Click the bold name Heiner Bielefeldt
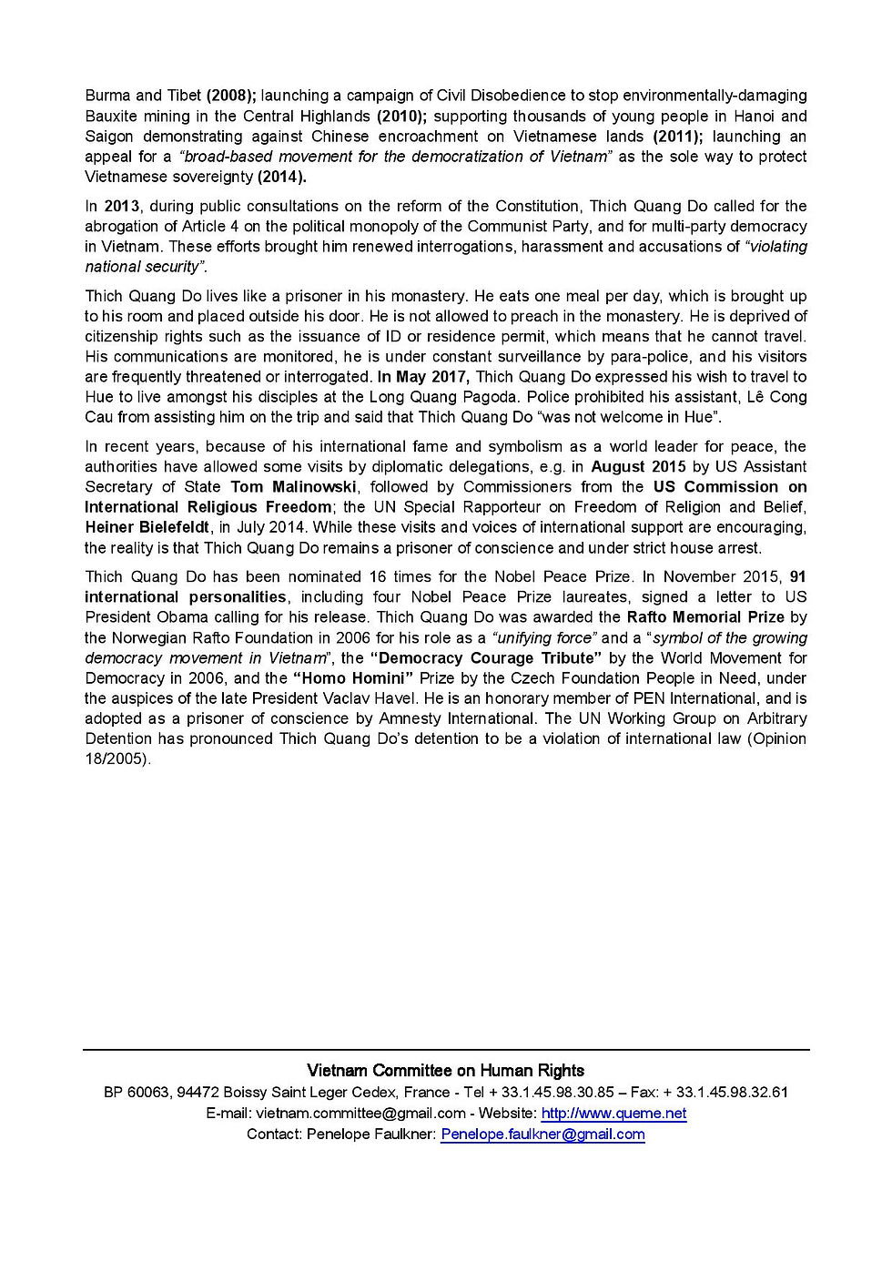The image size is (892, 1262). (147, 527)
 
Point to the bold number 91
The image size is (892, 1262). (797, 577)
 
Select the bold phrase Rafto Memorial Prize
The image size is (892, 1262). (705, 617)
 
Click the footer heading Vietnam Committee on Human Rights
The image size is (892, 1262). (445, 1071)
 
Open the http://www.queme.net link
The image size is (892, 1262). (613, 1114)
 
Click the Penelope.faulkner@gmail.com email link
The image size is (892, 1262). (542, 1135)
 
